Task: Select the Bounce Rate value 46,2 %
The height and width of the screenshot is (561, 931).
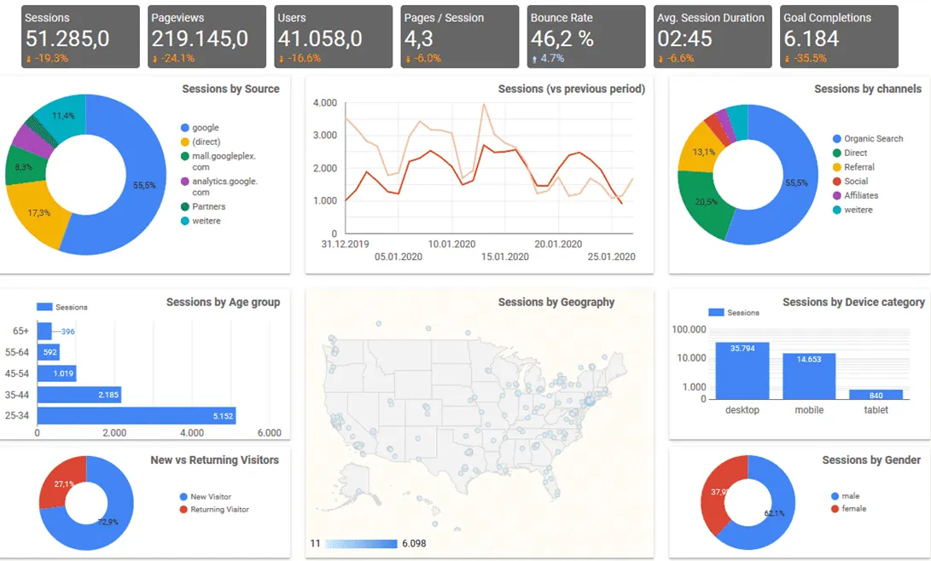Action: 562,38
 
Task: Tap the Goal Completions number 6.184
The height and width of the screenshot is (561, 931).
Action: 811,38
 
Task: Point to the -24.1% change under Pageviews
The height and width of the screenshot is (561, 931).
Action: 177,59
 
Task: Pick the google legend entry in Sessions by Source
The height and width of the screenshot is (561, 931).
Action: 205,128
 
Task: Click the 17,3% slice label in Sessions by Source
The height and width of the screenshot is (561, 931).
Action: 39,211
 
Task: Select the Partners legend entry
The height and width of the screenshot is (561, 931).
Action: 208,206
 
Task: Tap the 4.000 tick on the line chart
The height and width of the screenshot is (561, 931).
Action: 325,103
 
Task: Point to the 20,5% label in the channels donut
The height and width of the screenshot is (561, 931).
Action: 706,201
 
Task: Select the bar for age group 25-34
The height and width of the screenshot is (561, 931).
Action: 137,416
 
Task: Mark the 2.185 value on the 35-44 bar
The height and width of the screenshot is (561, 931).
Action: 108,395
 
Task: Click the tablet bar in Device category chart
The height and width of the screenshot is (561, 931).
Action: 876,394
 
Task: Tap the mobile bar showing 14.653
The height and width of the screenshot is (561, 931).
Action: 809,376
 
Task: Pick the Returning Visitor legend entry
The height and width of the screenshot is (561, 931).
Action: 219,510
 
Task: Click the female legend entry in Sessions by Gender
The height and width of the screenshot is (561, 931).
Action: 852,509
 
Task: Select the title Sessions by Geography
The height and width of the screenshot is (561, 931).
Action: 556,302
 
